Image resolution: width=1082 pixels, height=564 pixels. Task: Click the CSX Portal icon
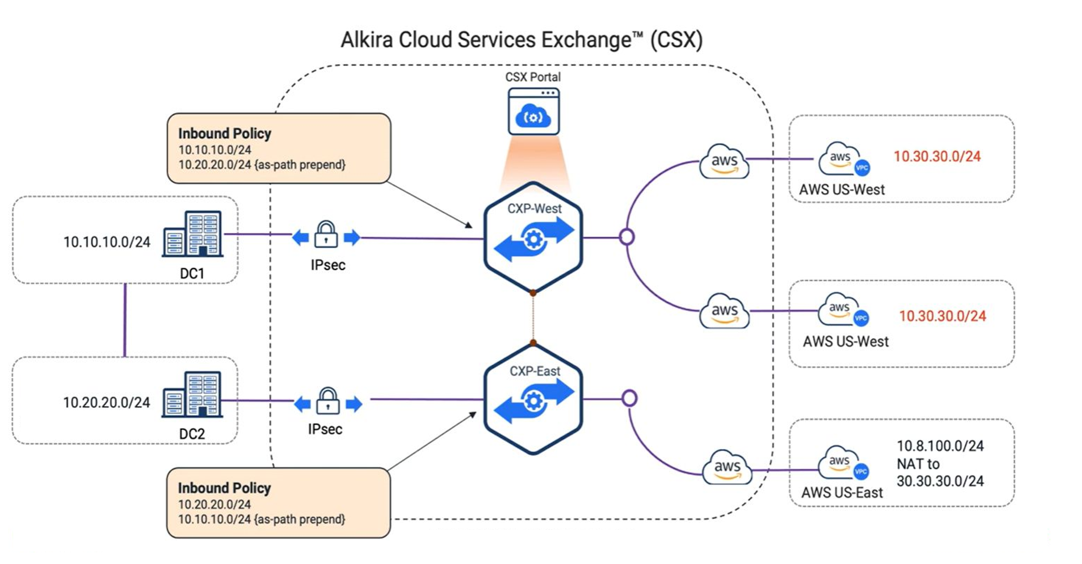pyautogui.click(x=534, y=111)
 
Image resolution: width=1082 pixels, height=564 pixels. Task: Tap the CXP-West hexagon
pyautogui.click(x=533, y=238)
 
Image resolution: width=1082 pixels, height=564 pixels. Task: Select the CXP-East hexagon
pyautogui.click(x=533, y=399)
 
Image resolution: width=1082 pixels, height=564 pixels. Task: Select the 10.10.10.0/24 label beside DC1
pyautogui.click(x=107, y=242)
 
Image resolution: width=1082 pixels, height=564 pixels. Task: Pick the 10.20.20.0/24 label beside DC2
pyautogui.click(x=106, y=403)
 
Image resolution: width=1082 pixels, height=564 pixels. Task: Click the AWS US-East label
pyautogui.click(x=842, y=493)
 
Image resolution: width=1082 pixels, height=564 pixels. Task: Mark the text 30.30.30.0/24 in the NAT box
pyautogui.click(x=940, y=481)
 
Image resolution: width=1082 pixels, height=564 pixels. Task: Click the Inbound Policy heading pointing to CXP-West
pyautogui.click(x=225, y=134)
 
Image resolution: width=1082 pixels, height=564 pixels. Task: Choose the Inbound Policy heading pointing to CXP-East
pyautogui.click(x=224, y=489)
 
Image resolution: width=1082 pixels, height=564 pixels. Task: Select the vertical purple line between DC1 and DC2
pyautogui.click(x=125, y=320)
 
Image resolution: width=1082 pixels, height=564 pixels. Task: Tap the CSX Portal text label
pyautogui.click(x=533, y=77)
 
